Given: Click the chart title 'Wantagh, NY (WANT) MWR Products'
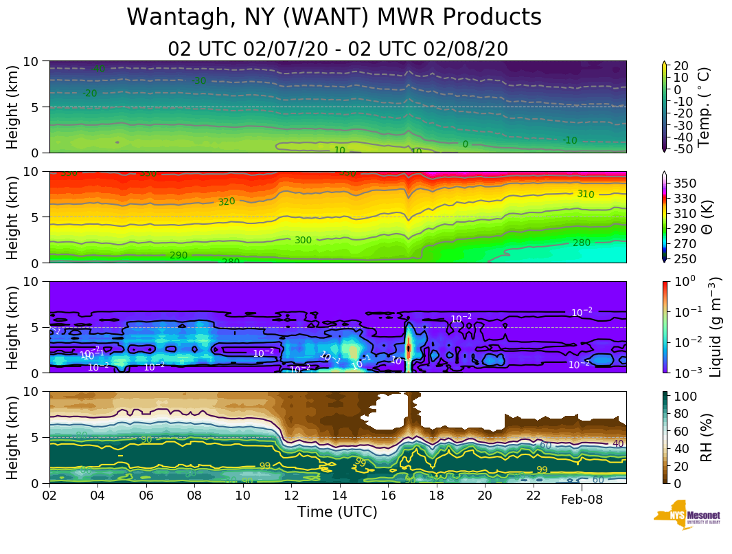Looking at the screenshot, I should [x=334, y=17].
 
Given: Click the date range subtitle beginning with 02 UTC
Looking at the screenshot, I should [x=338, y=49].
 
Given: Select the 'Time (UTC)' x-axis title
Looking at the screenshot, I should [x=337, y=512].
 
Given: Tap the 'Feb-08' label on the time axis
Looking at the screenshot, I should [x=582, y=500].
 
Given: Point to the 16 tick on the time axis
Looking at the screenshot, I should [x=388, y=495].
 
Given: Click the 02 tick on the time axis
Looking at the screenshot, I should [x=49, y=495].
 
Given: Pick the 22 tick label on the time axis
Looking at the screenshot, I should [x=534, y=495].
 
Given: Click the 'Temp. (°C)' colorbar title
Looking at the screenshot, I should [x=704, y=107].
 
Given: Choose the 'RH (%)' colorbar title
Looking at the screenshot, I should [x=704, y=436].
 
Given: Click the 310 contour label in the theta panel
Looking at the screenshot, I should [x=586, y=195].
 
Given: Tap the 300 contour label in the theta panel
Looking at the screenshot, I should [x=303, y=241].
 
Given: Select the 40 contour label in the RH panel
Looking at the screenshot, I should [x=618, y=444].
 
